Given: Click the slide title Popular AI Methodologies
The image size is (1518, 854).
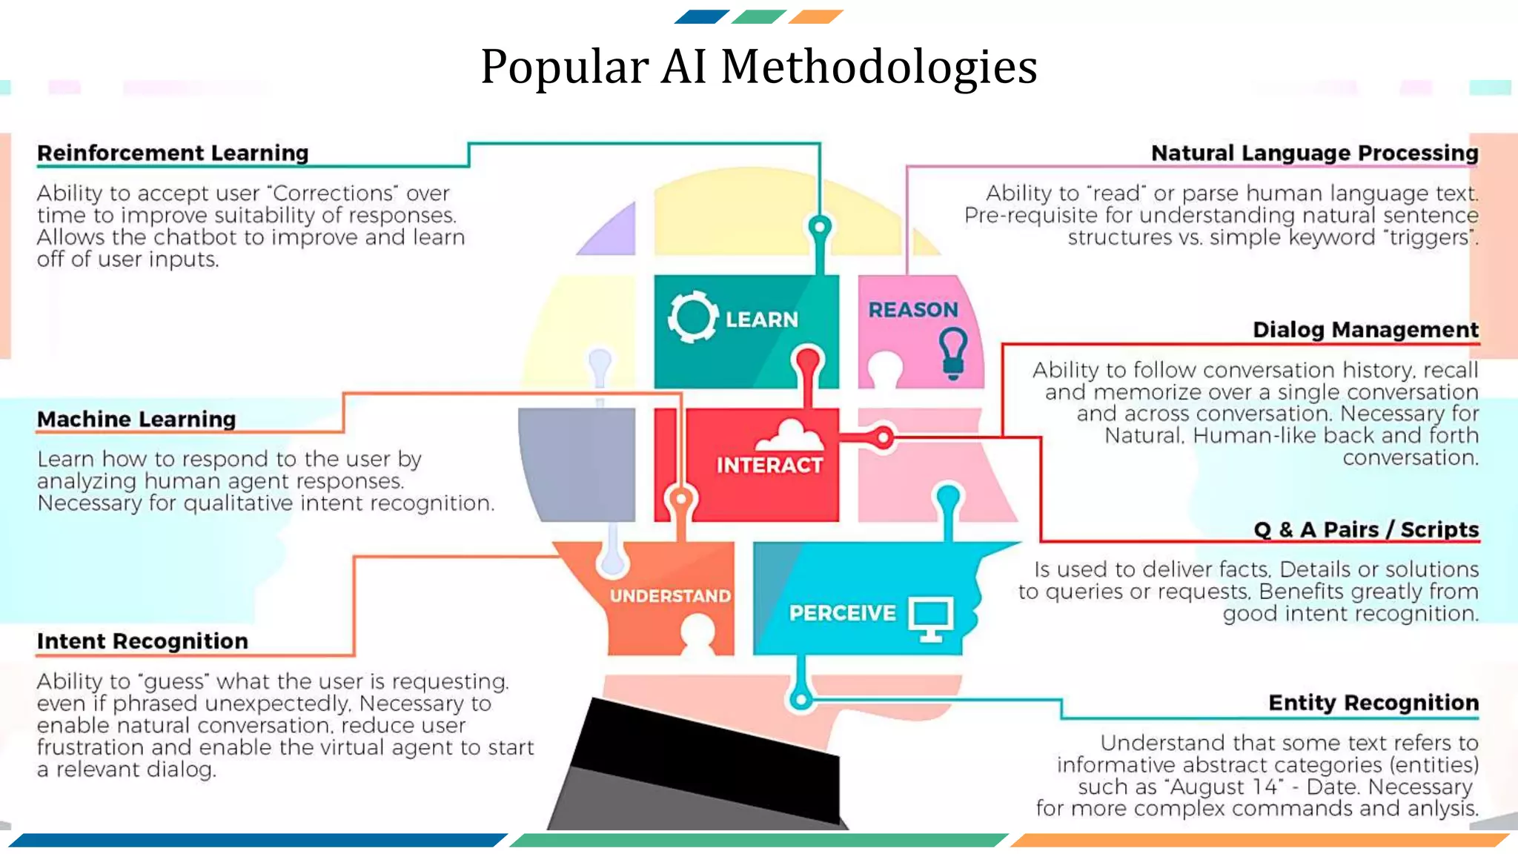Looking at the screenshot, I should [x=758, y=67].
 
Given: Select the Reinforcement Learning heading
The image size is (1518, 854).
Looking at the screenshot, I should [x=173, y=153].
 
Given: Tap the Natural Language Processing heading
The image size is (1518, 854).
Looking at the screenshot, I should [x=1314, y=153].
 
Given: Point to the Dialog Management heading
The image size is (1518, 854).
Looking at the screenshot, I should [x=1365, y=329].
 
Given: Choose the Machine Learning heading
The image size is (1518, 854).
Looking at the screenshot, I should [x=136, y=419].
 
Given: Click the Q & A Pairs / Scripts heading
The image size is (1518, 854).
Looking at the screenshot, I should [x=1366, y=529].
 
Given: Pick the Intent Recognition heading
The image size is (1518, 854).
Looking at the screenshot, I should [x=142, y=640].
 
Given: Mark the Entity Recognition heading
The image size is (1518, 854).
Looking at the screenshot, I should [x=1373, y=702].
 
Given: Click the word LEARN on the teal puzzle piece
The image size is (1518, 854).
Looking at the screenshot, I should [x=761, y=320].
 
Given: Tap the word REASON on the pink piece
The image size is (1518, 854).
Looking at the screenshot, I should [x=913, y=309].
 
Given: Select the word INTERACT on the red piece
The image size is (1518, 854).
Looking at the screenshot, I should [x=769, y=465].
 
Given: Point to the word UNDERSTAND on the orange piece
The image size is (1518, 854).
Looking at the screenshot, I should [x=670, y=596].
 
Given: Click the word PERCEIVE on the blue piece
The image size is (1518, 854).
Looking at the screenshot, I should [x=842, y=613].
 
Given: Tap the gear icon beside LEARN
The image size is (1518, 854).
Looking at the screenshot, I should [x=692, y=317].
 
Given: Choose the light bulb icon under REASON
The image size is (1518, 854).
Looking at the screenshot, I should [x=953, y=352].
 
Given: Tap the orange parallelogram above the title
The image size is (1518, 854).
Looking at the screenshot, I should [x=815, y=16].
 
